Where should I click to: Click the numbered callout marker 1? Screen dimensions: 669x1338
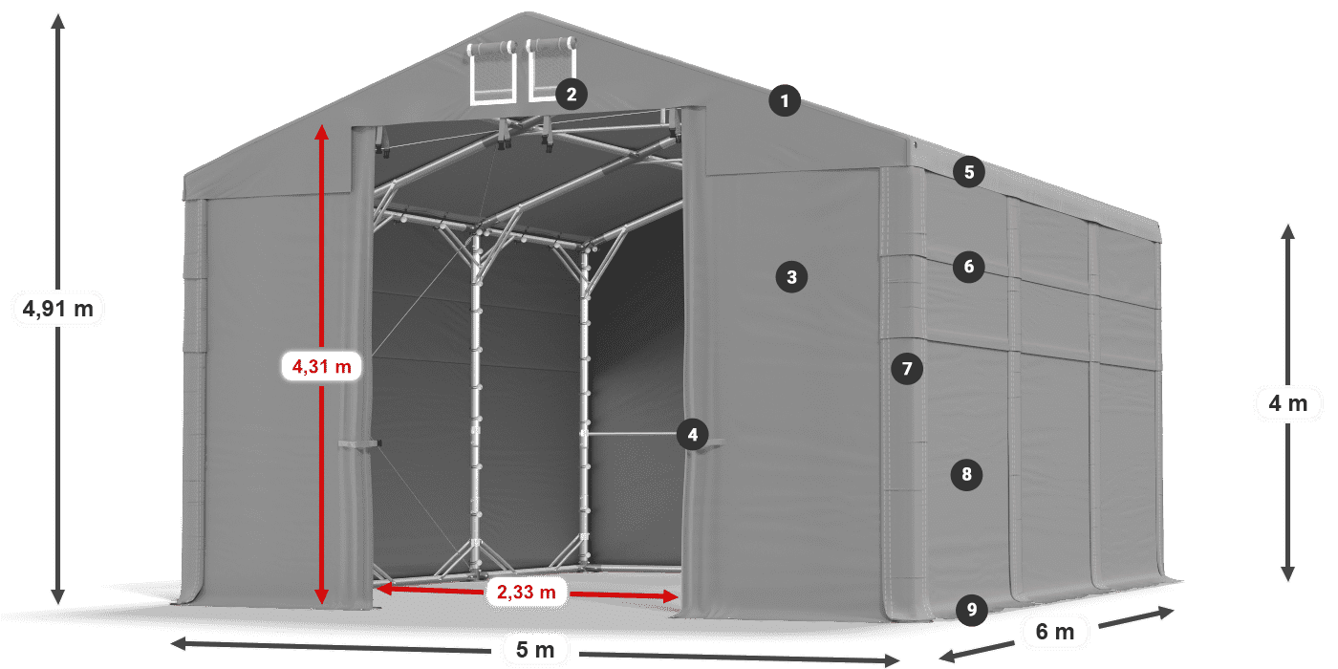(785, 100)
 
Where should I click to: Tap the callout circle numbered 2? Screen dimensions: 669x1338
(571, 94)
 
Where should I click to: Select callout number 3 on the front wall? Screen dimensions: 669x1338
(791, 277)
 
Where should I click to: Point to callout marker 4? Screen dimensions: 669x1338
(692, 436)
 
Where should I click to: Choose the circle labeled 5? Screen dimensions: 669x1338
(969, 172)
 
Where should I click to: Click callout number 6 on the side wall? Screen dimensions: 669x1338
(969, 266)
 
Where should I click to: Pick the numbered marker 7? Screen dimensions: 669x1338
(907, 368)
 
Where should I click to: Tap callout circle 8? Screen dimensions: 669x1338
(967, 473)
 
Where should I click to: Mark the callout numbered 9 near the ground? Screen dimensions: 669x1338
(971, 609)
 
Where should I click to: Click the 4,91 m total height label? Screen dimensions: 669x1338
(58, 309)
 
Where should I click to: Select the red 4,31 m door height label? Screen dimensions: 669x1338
(321, 365)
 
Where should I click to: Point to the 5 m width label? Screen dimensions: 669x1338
(534, 650)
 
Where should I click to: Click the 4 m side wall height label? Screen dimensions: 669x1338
(1287, 403)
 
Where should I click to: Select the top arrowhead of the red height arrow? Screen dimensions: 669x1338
(322, 130)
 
